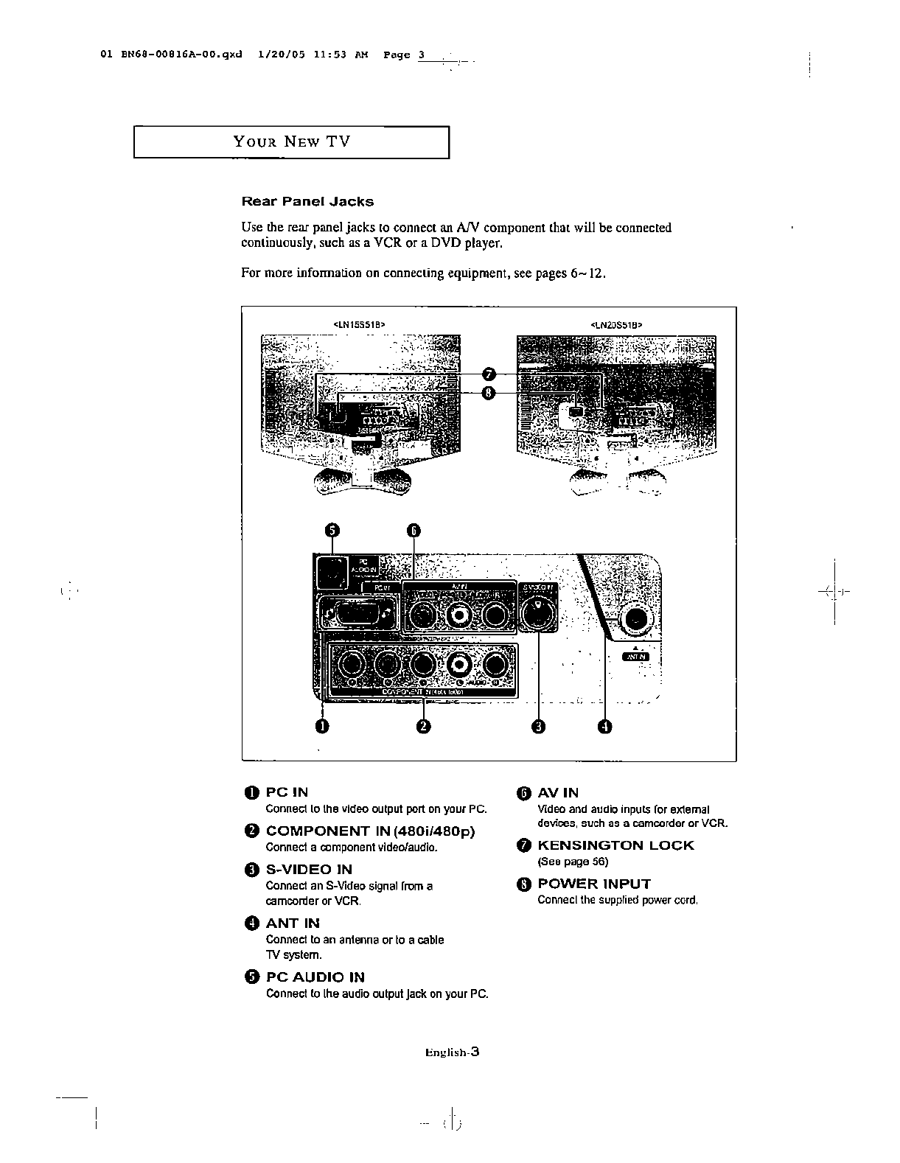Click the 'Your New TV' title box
click(x=291, y=142)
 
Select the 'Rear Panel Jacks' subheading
click(x=307, y=201)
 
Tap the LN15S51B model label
click(x=360, y=324)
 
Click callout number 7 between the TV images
click(x=489, y=374)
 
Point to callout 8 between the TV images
click(x=489, y=392)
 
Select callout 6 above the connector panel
click(x=414, y=531)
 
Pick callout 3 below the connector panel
click(x=539, y=727)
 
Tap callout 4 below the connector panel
click(x=604, y=727)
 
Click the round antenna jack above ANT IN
click(x=635, y=620)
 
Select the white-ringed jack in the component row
click(x=460, y=666)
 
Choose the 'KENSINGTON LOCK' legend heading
click(x=615, y=845)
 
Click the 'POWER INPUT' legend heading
click(x=594, y=884)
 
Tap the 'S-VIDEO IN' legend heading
click(x=309, y=869)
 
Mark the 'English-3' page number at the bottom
click(x=452, y=1052)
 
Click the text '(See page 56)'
click(x=573, y=862)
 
